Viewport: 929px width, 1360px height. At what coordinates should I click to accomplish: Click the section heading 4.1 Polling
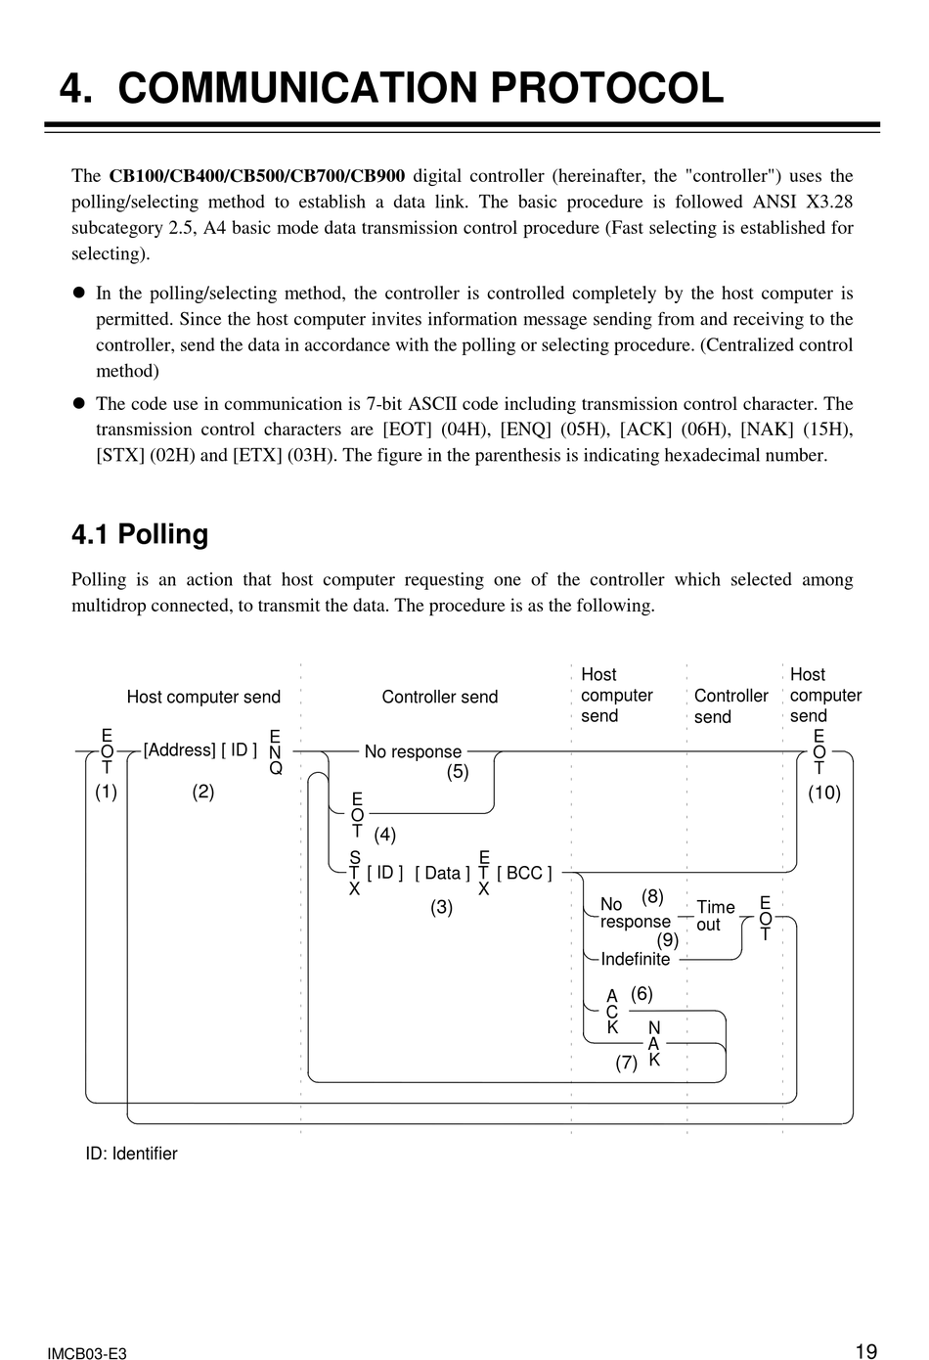(x=140, y=534)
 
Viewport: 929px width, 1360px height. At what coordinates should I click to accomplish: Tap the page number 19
(x=865, y=1351)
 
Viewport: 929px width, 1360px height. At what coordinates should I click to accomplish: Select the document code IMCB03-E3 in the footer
(x=86, y=1354)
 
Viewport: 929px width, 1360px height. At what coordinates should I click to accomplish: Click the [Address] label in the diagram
(x=179, y=750)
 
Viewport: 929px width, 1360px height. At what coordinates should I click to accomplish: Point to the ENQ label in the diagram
(x=275, y=751)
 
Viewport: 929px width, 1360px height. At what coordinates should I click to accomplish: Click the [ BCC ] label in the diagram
(x=524, y=873)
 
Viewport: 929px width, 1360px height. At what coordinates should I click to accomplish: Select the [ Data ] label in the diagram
(x=442, y=873)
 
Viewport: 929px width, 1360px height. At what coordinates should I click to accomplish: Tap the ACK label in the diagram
(x=612, y=1012)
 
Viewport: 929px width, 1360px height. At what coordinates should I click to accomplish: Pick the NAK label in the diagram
(x=654, y=1043)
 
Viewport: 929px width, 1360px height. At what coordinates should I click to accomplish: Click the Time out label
(x=715, y=916)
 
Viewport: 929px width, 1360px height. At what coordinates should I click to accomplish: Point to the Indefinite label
(x=636, y=959)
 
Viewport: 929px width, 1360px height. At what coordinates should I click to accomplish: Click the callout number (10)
(x=823, y=793)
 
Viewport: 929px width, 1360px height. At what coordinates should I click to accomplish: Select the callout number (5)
(x=458, y=771)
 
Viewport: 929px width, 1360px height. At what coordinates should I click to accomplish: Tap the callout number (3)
(x=442, y=907)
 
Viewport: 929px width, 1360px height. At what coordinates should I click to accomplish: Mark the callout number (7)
(x=626, y=1063)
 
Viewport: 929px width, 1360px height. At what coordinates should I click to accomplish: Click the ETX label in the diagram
(x=484, y=873)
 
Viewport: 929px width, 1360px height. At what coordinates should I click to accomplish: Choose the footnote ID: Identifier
(x=132, y=1154)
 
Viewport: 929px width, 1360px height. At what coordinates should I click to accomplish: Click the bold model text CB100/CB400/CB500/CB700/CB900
(x=256, y=176)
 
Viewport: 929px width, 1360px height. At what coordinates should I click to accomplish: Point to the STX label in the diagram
(x=354, y=873)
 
